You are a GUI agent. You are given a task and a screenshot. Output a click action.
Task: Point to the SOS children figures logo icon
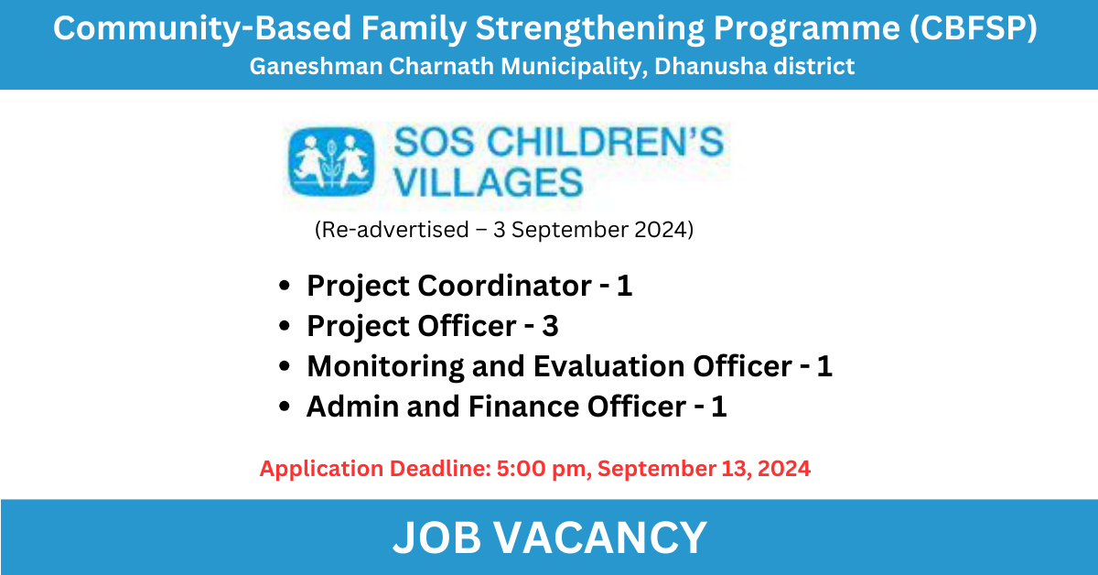(334, 161)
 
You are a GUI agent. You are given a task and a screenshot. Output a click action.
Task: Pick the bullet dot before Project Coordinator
(286, 287)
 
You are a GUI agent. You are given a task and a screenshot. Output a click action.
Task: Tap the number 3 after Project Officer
(550, 326)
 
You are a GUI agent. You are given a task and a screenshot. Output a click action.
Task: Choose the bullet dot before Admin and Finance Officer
(286, 407)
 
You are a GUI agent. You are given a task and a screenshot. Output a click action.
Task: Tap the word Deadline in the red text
(437, 468)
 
